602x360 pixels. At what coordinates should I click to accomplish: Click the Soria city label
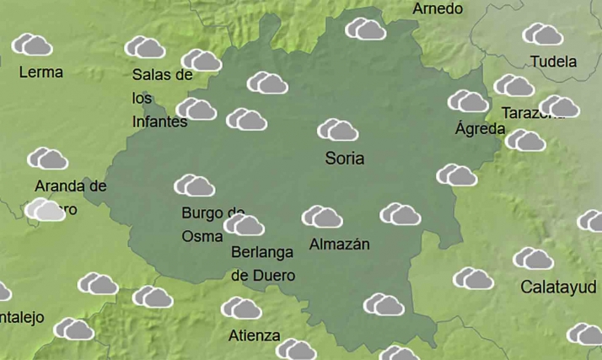pos(345,158)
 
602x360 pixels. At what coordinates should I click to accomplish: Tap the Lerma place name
pos(40,73)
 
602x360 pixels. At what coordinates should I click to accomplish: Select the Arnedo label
pos(438,9)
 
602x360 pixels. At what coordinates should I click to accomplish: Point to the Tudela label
pos(554,62)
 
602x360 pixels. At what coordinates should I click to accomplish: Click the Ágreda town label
pos(480,129)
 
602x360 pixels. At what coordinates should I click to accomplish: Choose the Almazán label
pos(340,244)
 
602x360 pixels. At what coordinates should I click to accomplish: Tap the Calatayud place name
pos(559,287)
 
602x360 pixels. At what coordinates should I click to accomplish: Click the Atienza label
pos(254,336)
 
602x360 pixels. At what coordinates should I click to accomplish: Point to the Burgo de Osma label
pos(212,224)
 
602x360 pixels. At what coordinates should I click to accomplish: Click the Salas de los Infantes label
pos(161,98)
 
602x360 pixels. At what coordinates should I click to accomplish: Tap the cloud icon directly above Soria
pos(338,130)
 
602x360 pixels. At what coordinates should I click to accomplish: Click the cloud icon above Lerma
pos(32,45)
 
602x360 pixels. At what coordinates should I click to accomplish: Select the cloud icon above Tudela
pos(543,35)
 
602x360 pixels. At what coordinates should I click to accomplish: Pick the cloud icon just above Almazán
pos(322,218)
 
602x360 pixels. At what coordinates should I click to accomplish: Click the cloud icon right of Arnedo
pos(366,29)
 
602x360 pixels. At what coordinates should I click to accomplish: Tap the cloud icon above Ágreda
pos(469,101)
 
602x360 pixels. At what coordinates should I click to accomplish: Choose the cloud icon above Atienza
pos(242,309)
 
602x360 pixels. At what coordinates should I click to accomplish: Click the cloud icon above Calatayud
pos(533,259)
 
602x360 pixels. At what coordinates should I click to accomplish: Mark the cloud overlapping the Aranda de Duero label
pos(45,210)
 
